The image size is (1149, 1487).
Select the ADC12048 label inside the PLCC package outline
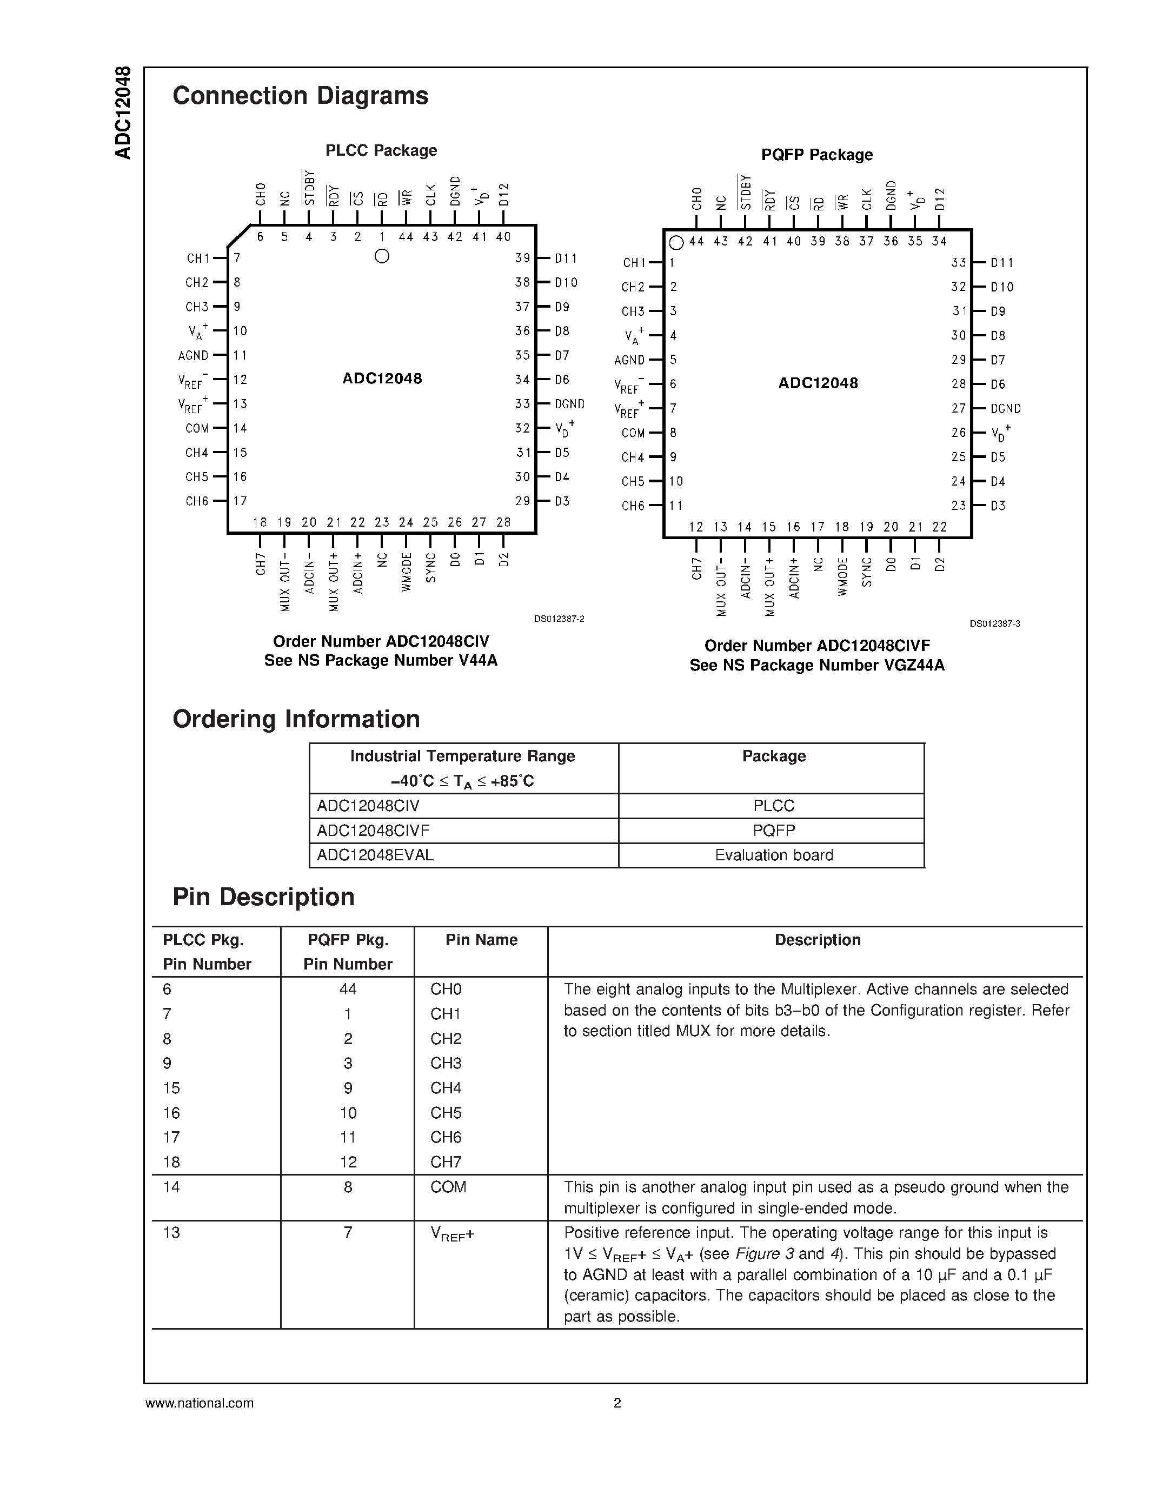click(x=382, y=379)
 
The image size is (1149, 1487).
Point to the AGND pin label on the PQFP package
click(x=629, y=360)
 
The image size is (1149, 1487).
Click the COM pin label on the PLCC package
click(x=197, y=428)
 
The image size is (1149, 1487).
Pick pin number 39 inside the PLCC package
click(x=522, y=258)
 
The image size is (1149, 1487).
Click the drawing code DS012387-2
click(x=559, y=619)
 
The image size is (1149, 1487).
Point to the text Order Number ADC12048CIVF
click(x=817, y=646)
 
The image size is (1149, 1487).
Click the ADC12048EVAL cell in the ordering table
click(x=375, y=855)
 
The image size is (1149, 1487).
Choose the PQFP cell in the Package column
click(x=773, y=831)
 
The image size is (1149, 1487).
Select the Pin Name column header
click(x=481, y=940)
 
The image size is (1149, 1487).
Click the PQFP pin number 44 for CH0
click(x=348, y=990)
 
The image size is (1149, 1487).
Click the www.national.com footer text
click(x=199, y=1403)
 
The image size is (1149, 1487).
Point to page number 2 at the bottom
click(x=617, y=1403)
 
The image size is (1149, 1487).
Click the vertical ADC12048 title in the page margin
click(x=123, y=113)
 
